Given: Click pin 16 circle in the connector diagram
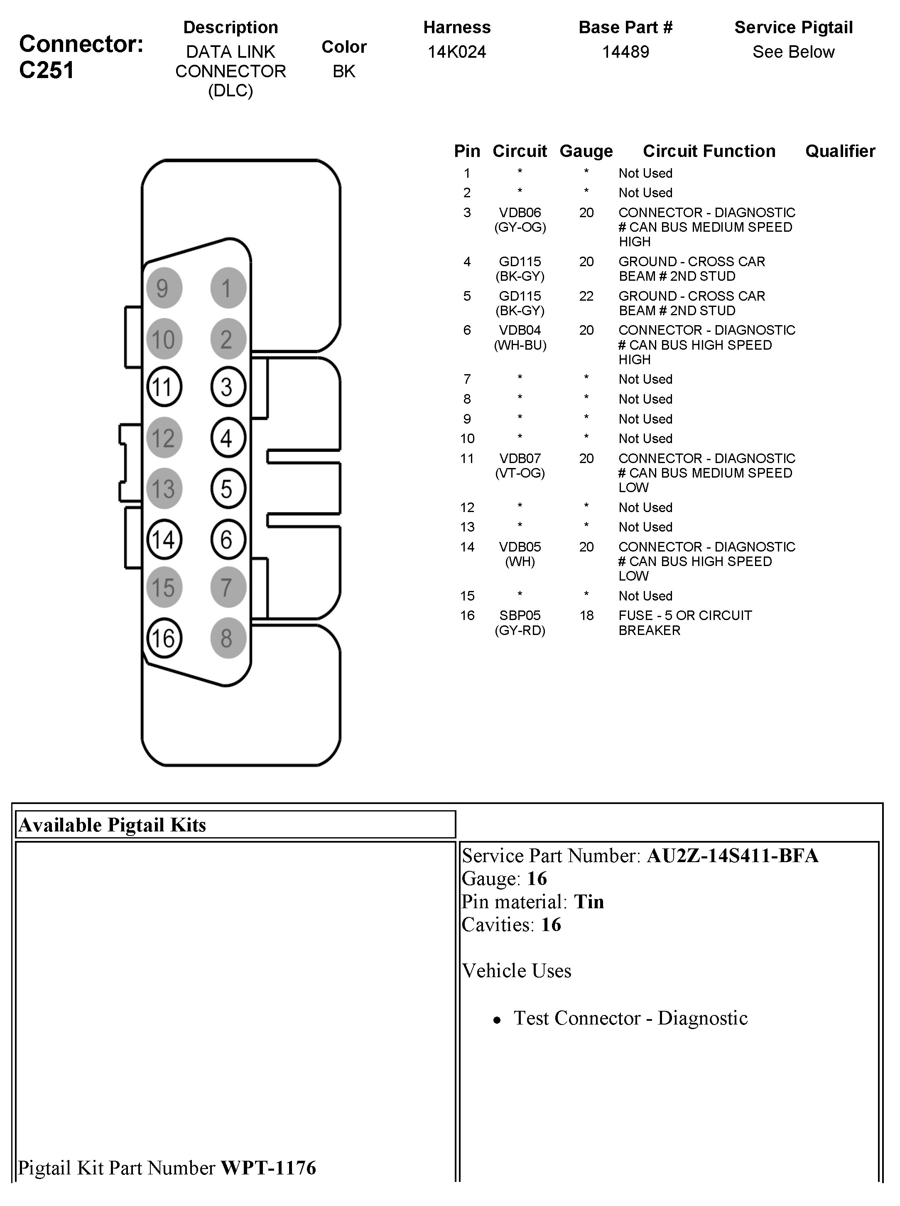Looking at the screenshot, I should pos(164,638).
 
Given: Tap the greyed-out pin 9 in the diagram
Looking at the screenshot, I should pos(164,288).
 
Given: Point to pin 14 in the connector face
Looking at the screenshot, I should pos(164,539).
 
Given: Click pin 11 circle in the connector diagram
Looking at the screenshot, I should pos(164,387).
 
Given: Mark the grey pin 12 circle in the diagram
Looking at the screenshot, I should pos(164,437).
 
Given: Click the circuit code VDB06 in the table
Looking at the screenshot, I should pos(520,213).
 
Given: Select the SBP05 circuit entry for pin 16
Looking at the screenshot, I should pos(520,615).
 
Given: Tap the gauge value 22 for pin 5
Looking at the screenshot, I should pos(586,296).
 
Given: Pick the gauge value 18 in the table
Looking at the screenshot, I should pos(586,615).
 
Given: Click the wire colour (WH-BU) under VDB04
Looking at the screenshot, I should pos(520,345).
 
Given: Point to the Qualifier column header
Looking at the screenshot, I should pos(839,151).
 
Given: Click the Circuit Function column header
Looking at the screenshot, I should pos(709,151).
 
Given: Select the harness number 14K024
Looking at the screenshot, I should pos(456,52).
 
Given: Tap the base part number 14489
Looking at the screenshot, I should pos(625,52).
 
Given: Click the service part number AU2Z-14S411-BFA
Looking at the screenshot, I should pos(732,856).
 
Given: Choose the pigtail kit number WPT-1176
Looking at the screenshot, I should pos(268,1167).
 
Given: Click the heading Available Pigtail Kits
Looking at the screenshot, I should pos(112,825).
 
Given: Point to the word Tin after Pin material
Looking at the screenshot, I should pos(589,902).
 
